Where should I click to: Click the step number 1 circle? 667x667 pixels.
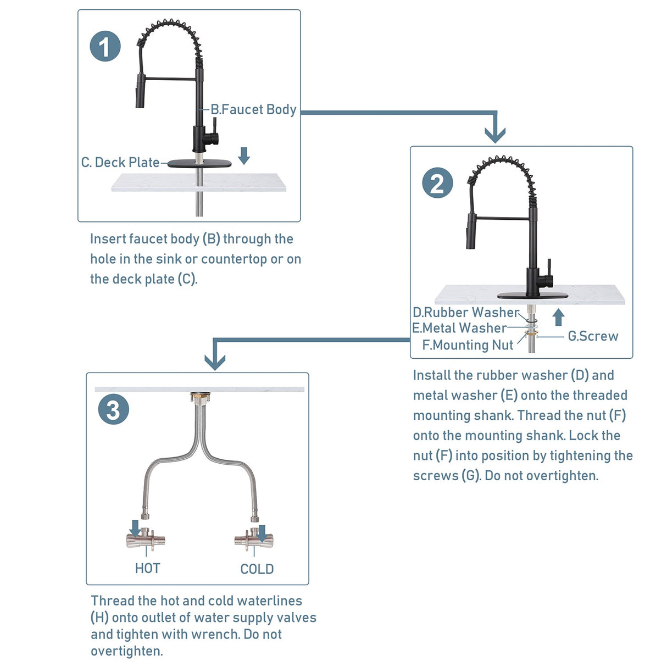[105, 46]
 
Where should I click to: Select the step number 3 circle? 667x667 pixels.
[113, 410]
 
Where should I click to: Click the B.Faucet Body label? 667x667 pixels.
[253, 109]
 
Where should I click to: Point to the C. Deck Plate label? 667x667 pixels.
[120, 163]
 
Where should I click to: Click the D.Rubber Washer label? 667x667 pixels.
[466, 313]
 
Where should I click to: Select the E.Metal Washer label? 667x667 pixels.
[459, 328]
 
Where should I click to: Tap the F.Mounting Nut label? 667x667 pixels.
[468, 345]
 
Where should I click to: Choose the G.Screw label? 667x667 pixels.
[593, 336]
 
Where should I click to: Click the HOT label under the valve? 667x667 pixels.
[147, 568]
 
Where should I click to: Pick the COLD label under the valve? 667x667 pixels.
[257, 569]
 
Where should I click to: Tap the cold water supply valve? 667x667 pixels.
[254, 540]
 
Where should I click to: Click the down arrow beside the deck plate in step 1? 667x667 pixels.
[244, 155]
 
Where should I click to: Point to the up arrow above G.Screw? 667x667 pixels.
[558, 317]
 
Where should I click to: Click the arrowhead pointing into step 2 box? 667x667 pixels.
[495, 134]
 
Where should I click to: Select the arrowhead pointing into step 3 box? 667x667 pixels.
[215, 361]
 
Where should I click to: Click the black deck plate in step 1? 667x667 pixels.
[196, 164]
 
